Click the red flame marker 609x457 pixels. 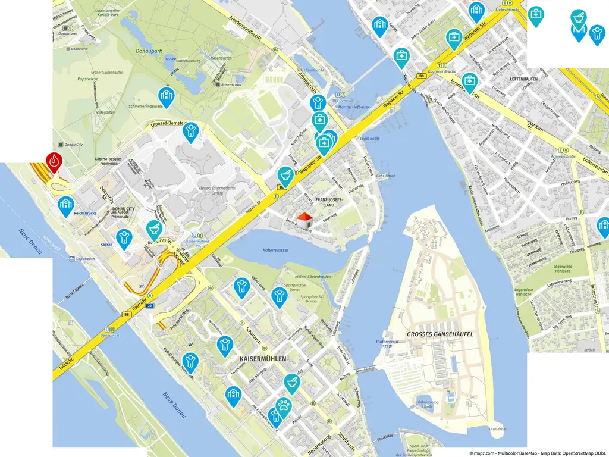[x=54, y=161]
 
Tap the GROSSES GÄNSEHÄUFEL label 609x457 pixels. [x=440, y=334]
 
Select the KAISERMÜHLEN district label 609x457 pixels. [x=262, y=359]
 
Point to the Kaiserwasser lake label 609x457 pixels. [x=275, y=250]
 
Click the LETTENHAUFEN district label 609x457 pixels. [x=523, y=79]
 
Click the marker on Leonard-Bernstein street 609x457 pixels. [x=191, y=132]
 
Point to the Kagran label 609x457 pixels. [x=106, y=244]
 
